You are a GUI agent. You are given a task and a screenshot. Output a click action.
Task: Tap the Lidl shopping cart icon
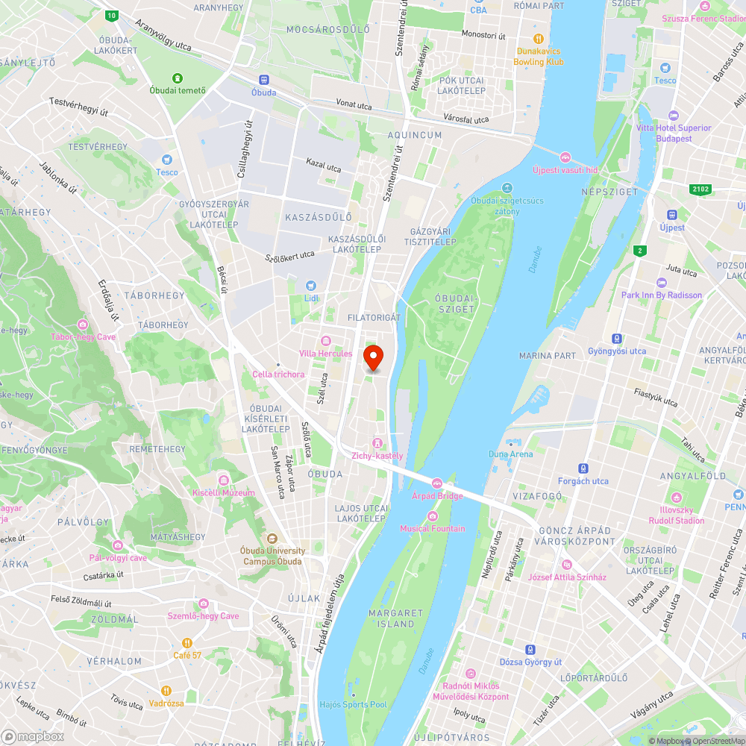tap(311, 286)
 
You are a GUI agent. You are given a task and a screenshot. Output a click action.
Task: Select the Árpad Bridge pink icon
tap(437, 483)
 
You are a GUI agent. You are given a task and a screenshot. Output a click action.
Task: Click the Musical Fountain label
tap(432, 528)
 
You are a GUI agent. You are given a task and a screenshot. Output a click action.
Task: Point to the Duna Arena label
tap(511, 454)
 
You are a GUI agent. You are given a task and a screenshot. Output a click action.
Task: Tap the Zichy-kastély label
tap(377, 455)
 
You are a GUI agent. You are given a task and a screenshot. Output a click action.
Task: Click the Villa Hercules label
tap(325, 353)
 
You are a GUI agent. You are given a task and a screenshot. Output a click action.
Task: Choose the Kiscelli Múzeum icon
tap(223, 480)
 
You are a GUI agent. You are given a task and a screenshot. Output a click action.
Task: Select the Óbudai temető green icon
tap(178, 78)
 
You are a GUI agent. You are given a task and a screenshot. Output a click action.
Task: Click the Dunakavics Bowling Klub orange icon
tap(538, 38)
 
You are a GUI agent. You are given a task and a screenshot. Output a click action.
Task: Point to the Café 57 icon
tap(187, 642)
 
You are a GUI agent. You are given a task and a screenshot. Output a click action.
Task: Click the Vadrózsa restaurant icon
tap(166, 690)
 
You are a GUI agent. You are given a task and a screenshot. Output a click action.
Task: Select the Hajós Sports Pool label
tap(353, 704)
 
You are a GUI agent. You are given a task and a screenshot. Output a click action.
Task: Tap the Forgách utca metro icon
tap(583, 468)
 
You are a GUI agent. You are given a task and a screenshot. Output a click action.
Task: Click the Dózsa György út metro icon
tap(530, 649)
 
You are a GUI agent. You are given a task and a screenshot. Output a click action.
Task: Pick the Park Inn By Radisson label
tap(661, 295)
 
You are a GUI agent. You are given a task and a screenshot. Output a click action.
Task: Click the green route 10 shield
tap(111, 15)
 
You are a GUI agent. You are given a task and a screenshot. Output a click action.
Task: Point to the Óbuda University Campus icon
tap(272, 538)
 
